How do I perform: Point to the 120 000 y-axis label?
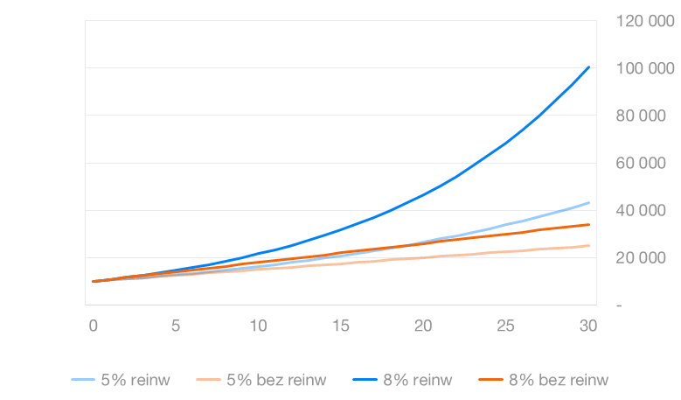(644, 21)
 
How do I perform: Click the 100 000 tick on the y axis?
(644, 68)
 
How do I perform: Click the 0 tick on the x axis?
(94, 326)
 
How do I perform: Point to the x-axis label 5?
(176, 326)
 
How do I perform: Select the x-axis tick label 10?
(259, 326)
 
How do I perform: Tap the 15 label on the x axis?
(341, 326)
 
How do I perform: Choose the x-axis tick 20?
(424, 326)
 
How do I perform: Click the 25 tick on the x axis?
(506, 326)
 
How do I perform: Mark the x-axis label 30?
(588, 326)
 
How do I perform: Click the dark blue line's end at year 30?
(589, 67)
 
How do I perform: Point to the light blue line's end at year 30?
(589, 202)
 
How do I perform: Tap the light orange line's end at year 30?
(589, 245)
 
